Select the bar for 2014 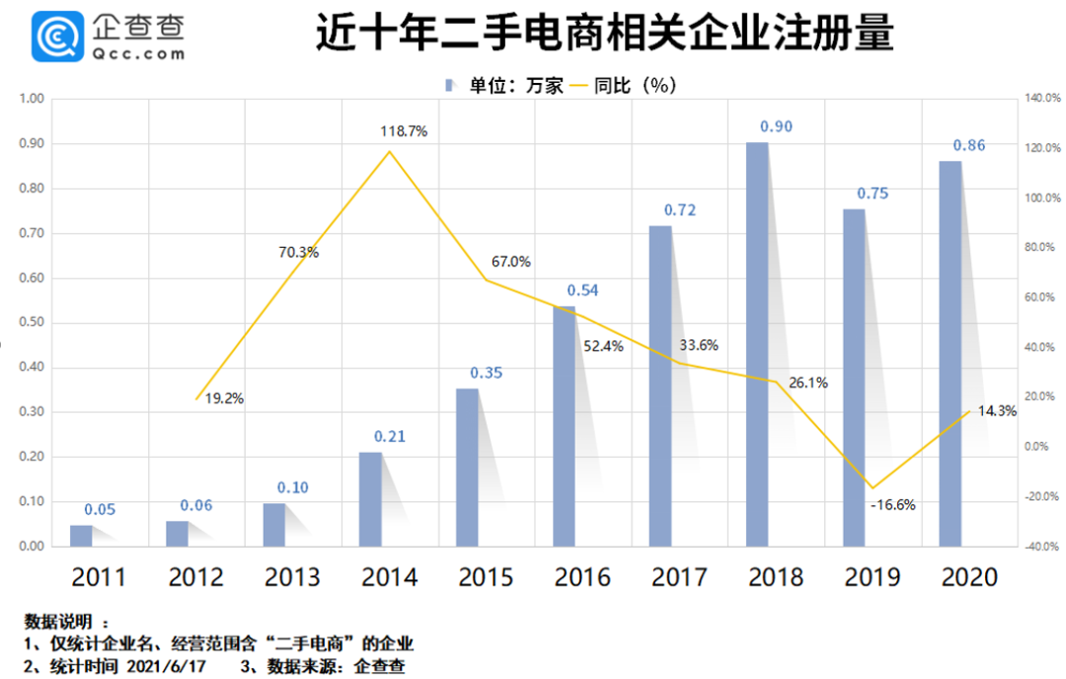pyautogui.click(x=370, y=498)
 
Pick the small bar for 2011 pyautogui.click(x=80, y=535)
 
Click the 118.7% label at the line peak pyautogui.click(x=404, y=130)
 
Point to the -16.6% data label pyautogui.click(x=892, y=504)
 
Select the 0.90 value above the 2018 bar pyautogui.click(x=776, y=126)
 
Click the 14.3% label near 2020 pyautogui.click(x=997, y=412)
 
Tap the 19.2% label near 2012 pyautogui.click(x=224, y=399)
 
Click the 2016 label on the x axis pyautogui.click(x=582, y=576)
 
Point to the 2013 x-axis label pyautogui.click(x=292, y=576)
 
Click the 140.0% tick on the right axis pyautogui.click(x=1040, y=99)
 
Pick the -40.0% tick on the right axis pyautogui.click(x=1040, y=547)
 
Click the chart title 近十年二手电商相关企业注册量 pyautogui.click(x=604, y=36)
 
